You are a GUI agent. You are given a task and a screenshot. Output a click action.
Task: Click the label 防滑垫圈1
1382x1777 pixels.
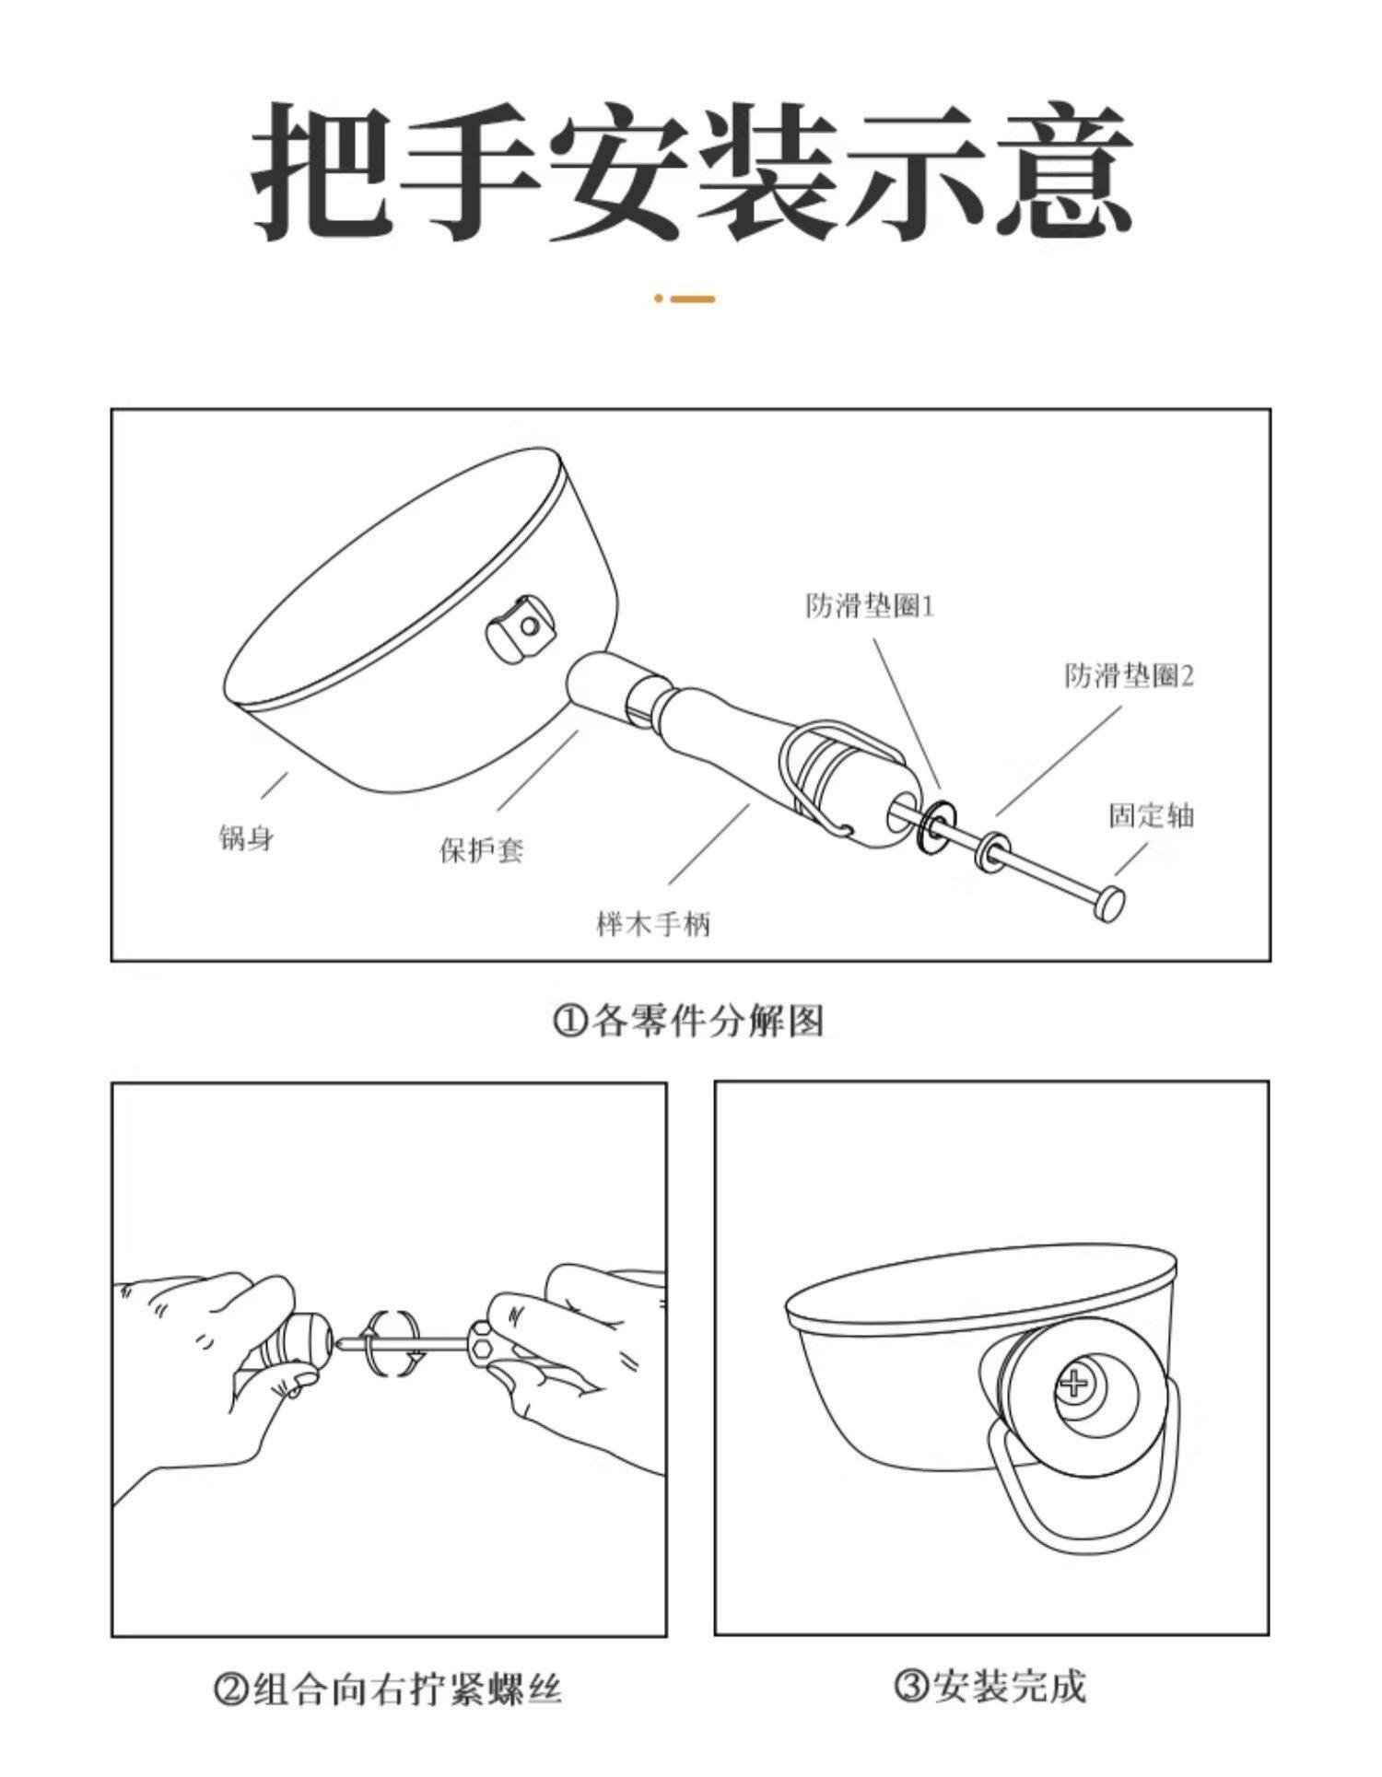[870, 606]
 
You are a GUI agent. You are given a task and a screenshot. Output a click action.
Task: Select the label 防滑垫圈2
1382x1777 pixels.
[1130, 675]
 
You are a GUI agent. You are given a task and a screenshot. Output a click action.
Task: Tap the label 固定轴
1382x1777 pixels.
[1151, 815]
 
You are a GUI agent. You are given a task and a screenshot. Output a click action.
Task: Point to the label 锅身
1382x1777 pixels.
[246, 838]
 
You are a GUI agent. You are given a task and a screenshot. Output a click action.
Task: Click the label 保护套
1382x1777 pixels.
[481, 848]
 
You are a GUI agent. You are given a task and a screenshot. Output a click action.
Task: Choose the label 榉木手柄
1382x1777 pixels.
[654, 923]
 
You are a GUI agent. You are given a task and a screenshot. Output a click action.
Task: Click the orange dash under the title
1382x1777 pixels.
[692, 298]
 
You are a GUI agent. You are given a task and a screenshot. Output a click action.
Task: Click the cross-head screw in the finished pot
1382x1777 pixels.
[1074, 1382]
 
